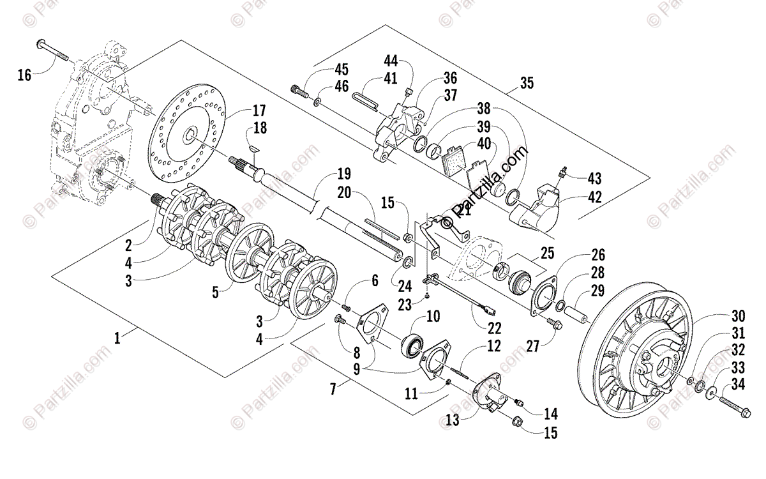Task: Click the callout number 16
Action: [24, 75]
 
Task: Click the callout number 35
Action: [527, 83]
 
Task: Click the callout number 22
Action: [493, 328]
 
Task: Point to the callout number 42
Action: [594, 198]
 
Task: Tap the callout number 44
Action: [391, 61]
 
